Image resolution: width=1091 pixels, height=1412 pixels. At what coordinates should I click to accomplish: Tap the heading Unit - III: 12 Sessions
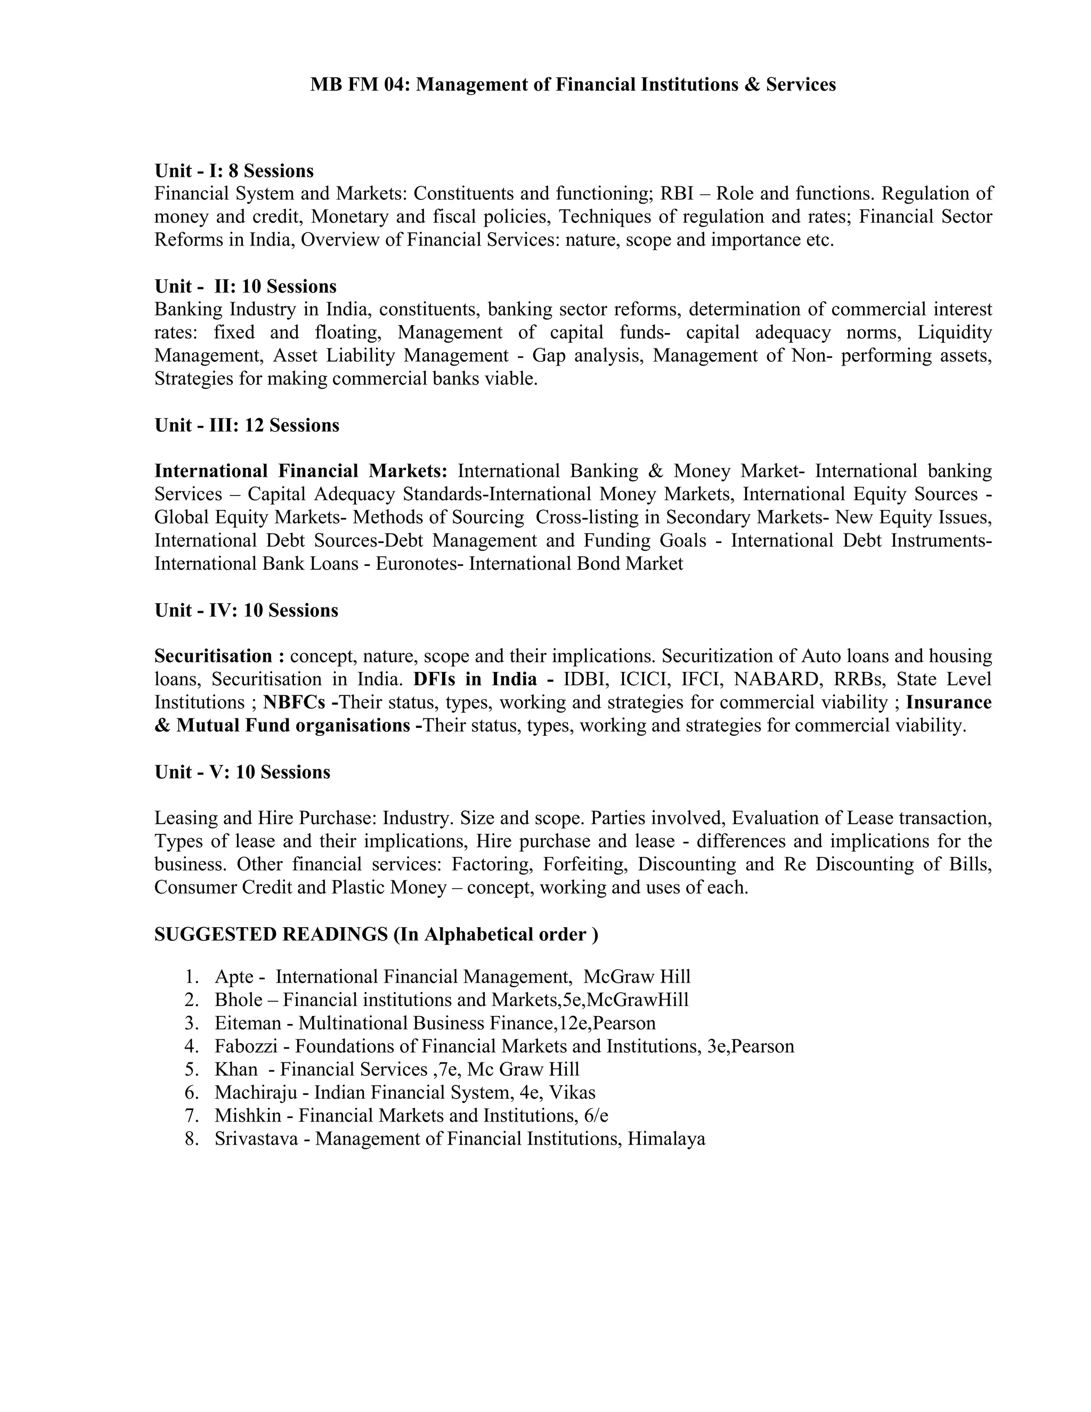(x=246, y=425)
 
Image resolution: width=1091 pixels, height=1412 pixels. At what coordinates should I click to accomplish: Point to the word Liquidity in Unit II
(x=955, y=333)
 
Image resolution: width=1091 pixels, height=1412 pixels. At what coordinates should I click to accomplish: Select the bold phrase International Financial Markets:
(x=300, y=472)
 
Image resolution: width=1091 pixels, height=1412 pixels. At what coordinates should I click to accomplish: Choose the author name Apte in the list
(x=234, y=977)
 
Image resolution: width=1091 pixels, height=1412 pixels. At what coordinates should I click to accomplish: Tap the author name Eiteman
(x=248, y=1024)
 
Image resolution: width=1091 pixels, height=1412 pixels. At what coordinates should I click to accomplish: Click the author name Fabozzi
(x=246, y=1046)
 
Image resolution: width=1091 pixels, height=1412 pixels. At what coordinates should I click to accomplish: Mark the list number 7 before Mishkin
(x=191, y=1116)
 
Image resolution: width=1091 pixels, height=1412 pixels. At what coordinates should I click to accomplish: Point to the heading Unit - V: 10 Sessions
(x=242, y=773)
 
